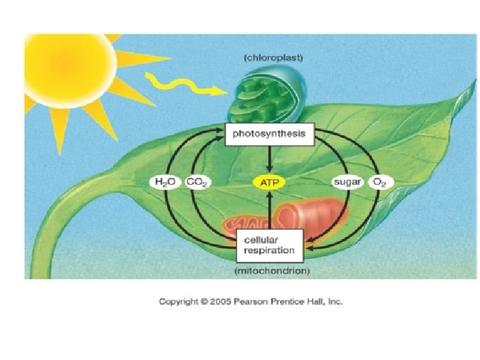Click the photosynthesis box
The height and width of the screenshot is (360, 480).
pos(269,134)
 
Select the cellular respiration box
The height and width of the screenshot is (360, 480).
pos(269,245)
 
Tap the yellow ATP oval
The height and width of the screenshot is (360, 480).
pos(269,181)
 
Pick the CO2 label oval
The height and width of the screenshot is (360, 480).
pos(197,181)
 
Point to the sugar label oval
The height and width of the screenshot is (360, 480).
pos(347,181)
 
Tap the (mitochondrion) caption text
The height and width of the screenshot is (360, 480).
pos(272,271)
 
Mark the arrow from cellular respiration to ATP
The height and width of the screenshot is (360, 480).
pos(269,210)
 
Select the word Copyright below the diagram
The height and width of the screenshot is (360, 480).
pos(179,301)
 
